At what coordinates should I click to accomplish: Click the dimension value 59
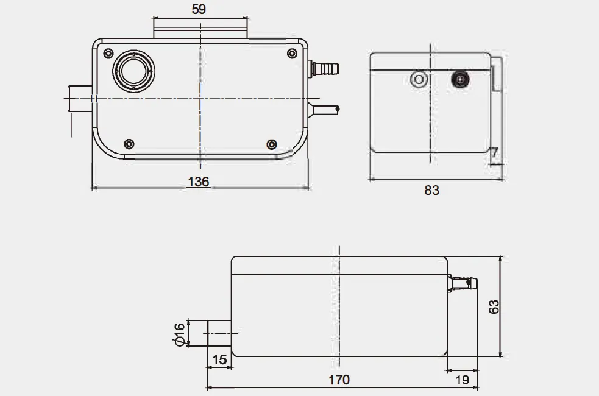click(x=199, y=9)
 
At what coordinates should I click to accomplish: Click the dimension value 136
click(x=199, y=182)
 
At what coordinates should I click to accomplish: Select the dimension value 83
click(x=431, y=190)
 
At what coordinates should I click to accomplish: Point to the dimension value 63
click(x=494, y=306)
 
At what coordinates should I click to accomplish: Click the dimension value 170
click(x=339, y=380)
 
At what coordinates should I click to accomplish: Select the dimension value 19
click(x=463, y=380)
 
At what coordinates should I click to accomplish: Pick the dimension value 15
click(x=220, y=359)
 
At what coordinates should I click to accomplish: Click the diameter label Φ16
click(x=179, y=334)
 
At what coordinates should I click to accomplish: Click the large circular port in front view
click(x=133, y=71)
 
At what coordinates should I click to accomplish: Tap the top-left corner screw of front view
click(x=108, y=54)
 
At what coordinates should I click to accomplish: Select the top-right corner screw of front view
click(x=291, y=54)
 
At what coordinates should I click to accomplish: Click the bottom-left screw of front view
click(x=129, y=144)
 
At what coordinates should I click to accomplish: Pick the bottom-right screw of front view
click(x=272, y=144)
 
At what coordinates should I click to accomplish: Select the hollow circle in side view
click(x=419, y=80)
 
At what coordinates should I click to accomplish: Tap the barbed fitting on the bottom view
click(x=463, y=283)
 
